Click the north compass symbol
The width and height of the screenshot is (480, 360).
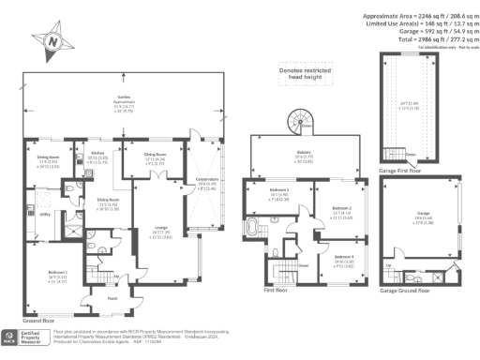(52, 41)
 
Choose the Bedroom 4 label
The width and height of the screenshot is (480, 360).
(343, 255)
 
